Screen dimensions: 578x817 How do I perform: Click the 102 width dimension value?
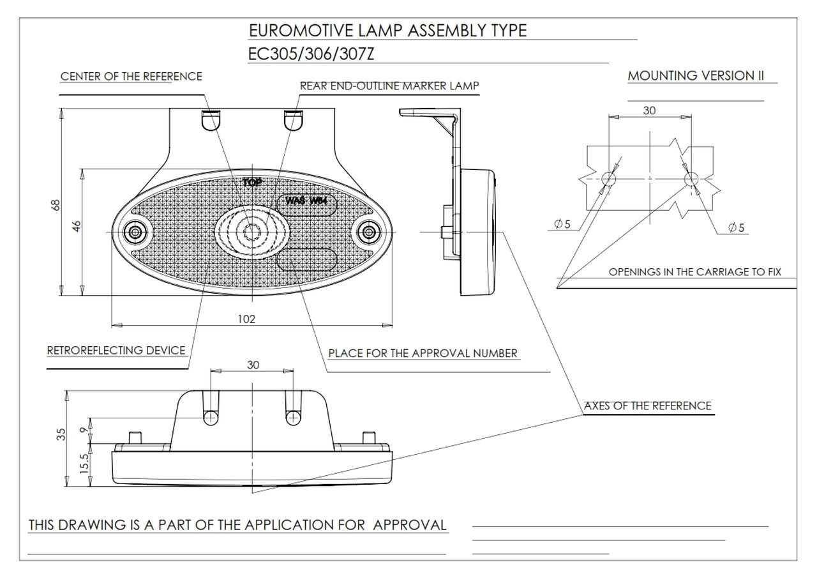click(246, 319)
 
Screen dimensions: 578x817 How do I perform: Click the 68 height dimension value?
click(56, 205)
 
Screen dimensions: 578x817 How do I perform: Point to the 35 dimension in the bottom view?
click(61, 435)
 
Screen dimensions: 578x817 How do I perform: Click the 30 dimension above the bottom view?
click(253, 364)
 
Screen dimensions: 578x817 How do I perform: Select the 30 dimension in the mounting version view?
click(649, 110)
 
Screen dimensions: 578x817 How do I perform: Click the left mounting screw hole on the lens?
click(135, 232)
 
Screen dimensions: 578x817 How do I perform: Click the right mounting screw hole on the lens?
click(369, 232)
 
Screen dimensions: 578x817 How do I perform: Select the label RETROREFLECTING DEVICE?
click(116, 350)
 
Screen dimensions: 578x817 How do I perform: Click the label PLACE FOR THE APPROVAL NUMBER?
click(423, 353)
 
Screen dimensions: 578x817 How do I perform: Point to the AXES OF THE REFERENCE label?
click(647, 406)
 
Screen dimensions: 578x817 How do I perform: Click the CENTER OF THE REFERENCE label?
click(131, 77)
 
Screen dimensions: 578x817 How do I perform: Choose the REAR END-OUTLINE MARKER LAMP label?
click(389, 86)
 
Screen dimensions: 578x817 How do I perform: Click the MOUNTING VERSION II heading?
click(696, 75)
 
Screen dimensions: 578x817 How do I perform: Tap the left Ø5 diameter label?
click(563, 224)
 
